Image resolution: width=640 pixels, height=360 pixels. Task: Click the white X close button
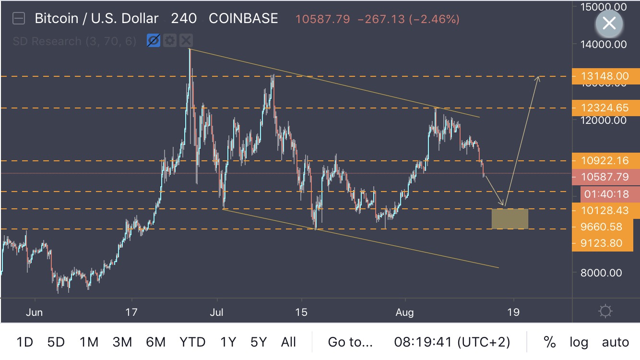tap(609, 23)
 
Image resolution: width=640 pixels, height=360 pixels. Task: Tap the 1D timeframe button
tap(24, 342)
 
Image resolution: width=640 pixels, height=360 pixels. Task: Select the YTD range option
tap(192, 342)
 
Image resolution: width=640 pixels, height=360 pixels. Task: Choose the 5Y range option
tap(258, 342)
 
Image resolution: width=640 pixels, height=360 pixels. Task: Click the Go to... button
tap(350, 342)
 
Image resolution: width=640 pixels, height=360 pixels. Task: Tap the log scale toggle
tap(579, 342)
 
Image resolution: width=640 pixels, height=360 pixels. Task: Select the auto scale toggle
tap(615, 342)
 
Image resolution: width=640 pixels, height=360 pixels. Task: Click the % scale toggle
tap(549, 342)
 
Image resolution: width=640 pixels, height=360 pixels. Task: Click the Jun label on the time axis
tap(35, 312)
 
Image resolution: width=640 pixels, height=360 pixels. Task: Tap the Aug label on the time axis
tap(405, 312)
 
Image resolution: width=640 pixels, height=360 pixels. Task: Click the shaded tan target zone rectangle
tap(510, 219)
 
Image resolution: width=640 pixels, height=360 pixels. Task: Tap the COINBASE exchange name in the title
tap(243, 19)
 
